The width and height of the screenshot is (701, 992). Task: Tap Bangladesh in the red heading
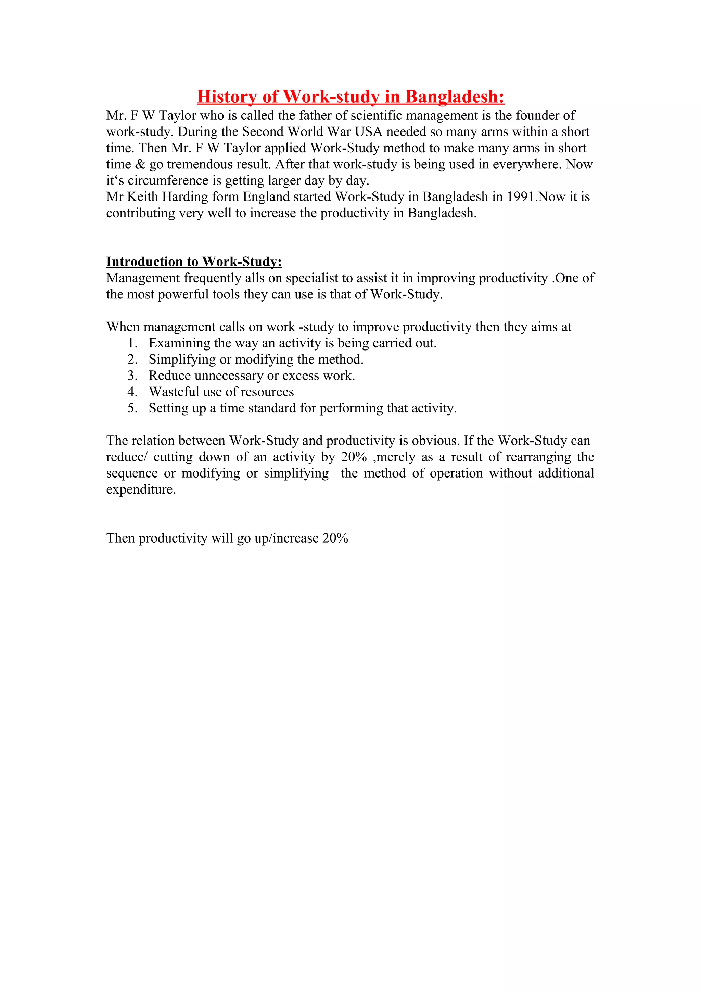click(x=454, y=97)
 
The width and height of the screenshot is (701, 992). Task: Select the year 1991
click(x=521, y=197)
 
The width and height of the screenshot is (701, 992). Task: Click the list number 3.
click(x=132, y=376)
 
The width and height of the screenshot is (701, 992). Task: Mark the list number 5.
click(x=132, y=408)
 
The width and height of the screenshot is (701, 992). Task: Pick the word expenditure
click(x=141, y=489)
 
